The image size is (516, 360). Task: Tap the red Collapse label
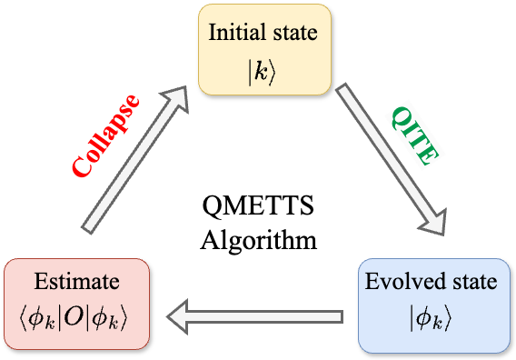coord(107,135)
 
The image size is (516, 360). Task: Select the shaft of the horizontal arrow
coord(273,316)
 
